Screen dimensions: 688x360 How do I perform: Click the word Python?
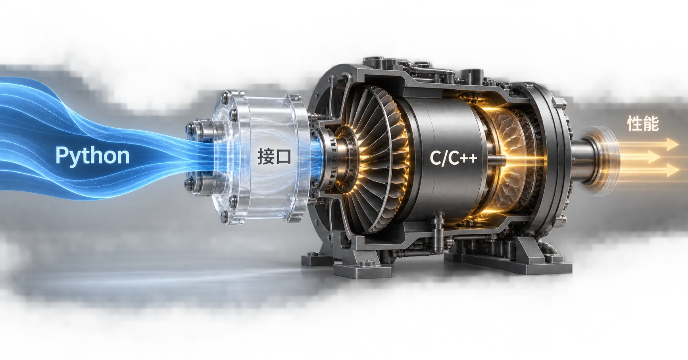point(92,155)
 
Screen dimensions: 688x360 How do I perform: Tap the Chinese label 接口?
point(274,156)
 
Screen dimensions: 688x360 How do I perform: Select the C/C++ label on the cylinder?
point(453,158)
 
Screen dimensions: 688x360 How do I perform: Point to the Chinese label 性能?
point(643,123)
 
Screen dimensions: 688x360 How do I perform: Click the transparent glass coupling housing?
point(260,157)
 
